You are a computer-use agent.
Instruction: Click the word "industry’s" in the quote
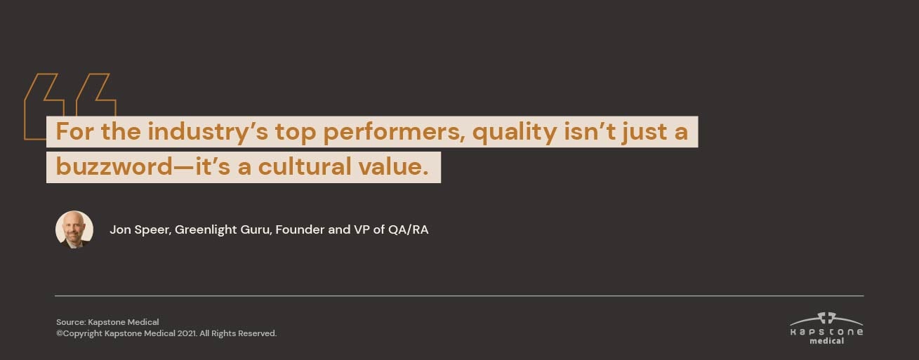(x=208, y=133)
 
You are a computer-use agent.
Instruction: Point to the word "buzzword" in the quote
(x=114, y=166)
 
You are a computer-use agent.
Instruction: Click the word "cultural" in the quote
(x=305, y=166)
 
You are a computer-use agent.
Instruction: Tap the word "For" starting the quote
(x=75, y=132)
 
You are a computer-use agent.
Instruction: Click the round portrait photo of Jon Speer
(x=74, y=229)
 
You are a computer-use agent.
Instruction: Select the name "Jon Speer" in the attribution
(x=140, y=230)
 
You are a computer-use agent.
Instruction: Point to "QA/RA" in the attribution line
(x=408, y=229)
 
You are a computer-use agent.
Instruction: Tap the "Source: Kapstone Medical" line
(x=107, y=322)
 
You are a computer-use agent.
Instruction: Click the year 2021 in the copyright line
(x=187, y=334)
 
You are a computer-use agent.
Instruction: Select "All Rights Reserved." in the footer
(x=239, y=334)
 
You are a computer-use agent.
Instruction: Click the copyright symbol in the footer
(x=60, y=334)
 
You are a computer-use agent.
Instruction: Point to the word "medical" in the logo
(x=827, y=341)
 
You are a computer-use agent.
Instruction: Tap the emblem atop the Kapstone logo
(x=826, y=318)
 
